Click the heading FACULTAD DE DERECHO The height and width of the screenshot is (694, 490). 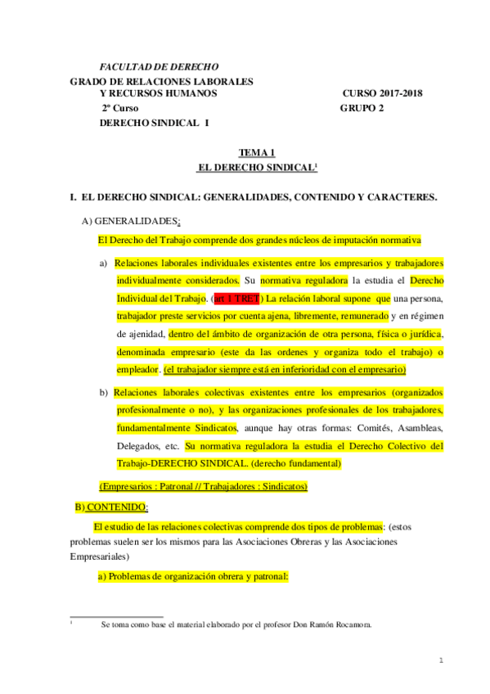pyautogui.click(x=158, y=66)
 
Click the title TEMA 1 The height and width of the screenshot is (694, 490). pyautogui.click(x=256, y=152)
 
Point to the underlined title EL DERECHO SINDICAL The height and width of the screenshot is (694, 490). pyautogui.click(x=257, y=167)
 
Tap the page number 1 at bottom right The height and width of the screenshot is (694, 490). pyautogui.click(x=441, y=659)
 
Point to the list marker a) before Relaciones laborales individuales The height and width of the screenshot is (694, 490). pyautogui.click(x=104, y=263)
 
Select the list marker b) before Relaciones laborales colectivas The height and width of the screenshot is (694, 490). pyautogui.click(x=104, y=392)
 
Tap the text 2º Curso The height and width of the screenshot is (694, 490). pyautogui.click(x=120, y=108)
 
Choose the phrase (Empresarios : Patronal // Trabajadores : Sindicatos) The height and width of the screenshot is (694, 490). pyautogui.click(x=203, y=486)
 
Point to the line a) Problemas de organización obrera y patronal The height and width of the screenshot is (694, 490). pyautogui.click(x=192, y=575)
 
